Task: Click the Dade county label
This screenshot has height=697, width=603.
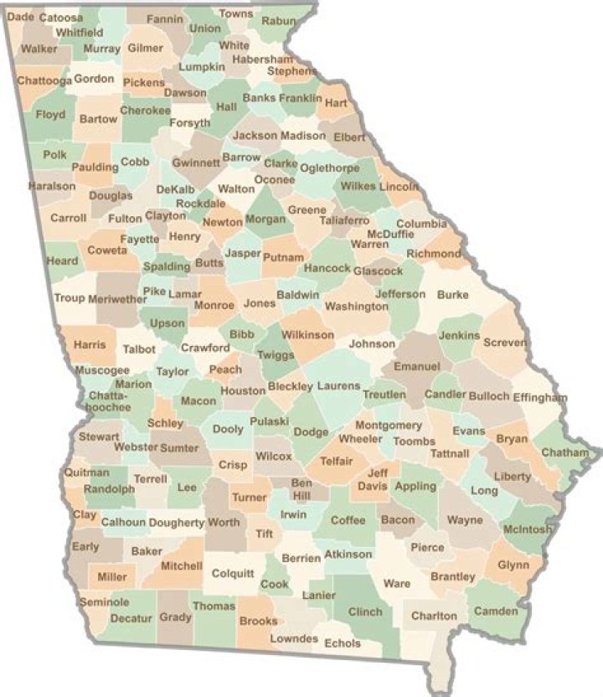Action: [20, 17]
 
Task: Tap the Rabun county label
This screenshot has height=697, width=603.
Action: [278, 21]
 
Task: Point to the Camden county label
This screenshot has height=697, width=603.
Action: [496, 612]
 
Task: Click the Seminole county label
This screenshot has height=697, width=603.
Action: [105, 602]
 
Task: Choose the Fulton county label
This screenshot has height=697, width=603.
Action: [125, 219]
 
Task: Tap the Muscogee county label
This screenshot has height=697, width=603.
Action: [102, 369]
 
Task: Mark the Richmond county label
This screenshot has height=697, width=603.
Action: [434, 254]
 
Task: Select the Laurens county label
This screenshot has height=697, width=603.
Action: [338, 386]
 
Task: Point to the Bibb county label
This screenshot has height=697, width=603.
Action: [242, 334]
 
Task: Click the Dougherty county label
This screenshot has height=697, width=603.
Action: [178, 523]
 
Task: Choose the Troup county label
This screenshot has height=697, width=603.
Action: [70, 297]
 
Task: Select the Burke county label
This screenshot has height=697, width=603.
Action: [452, 295]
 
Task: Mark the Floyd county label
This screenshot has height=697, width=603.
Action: [50, 114]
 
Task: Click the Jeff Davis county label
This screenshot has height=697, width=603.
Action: [378, 478]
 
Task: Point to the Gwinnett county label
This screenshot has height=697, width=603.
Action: [196, 163]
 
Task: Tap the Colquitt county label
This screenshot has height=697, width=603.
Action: [232, 574]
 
